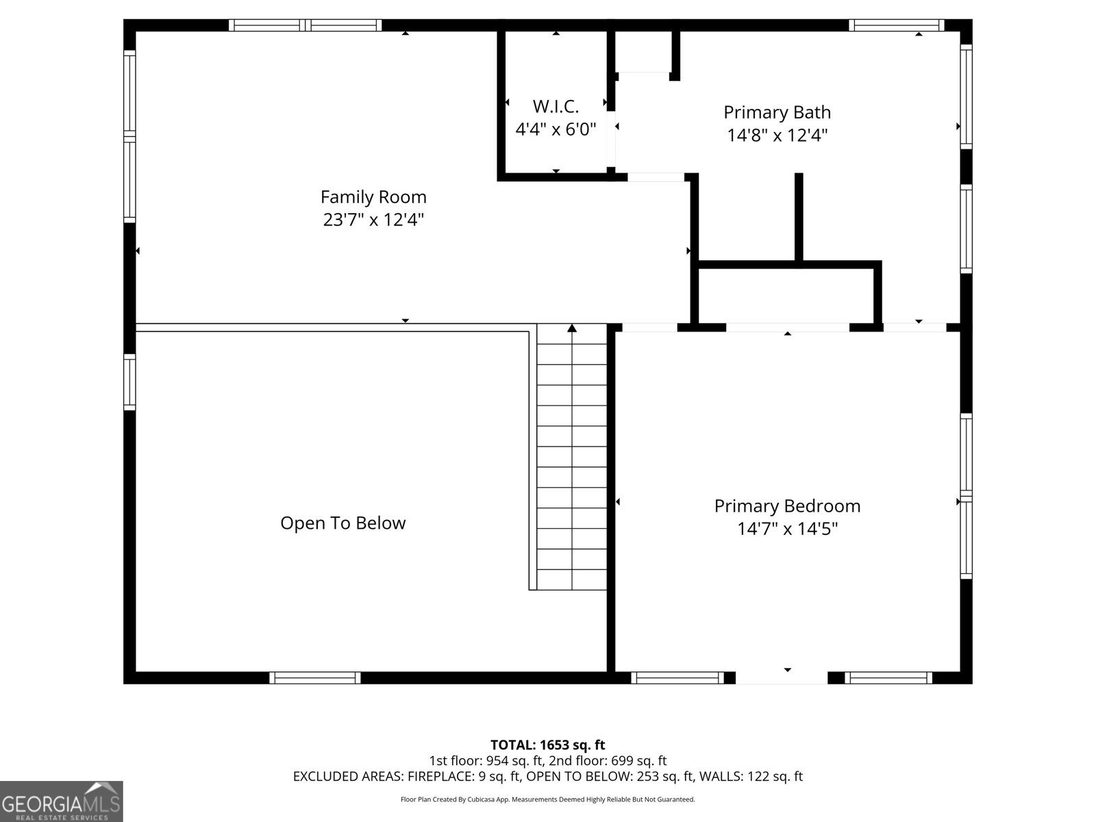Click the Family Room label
click(x=373, y=197)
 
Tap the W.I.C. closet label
click(x=556, y=107)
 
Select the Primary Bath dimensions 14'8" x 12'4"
click(x=777, y=135)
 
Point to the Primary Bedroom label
click(x=787, y=506)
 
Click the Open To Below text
click(x=342, y=523)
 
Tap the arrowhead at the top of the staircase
click(x=572, y=328)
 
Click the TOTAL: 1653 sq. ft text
click(x=547, y=745)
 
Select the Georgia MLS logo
click(x=61, y=801)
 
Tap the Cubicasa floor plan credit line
click(x=547, y=799)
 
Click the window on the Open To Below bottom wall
click(x=314, y=677)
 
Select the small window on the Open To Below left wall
click(x=129, y=382)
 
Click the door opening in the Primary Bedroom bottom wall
click(x=781, y=677)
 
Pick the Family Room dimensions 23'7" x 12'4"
click(x=373, y=220)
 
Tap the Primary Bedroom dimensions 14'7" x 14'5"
click(x=787, y=529)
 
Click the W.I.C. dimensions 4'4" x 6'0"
click(x=556, y=129)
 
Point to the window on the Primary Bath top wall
click(x=897, y=25)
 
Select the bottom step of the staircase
click(x=572, y=580)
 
